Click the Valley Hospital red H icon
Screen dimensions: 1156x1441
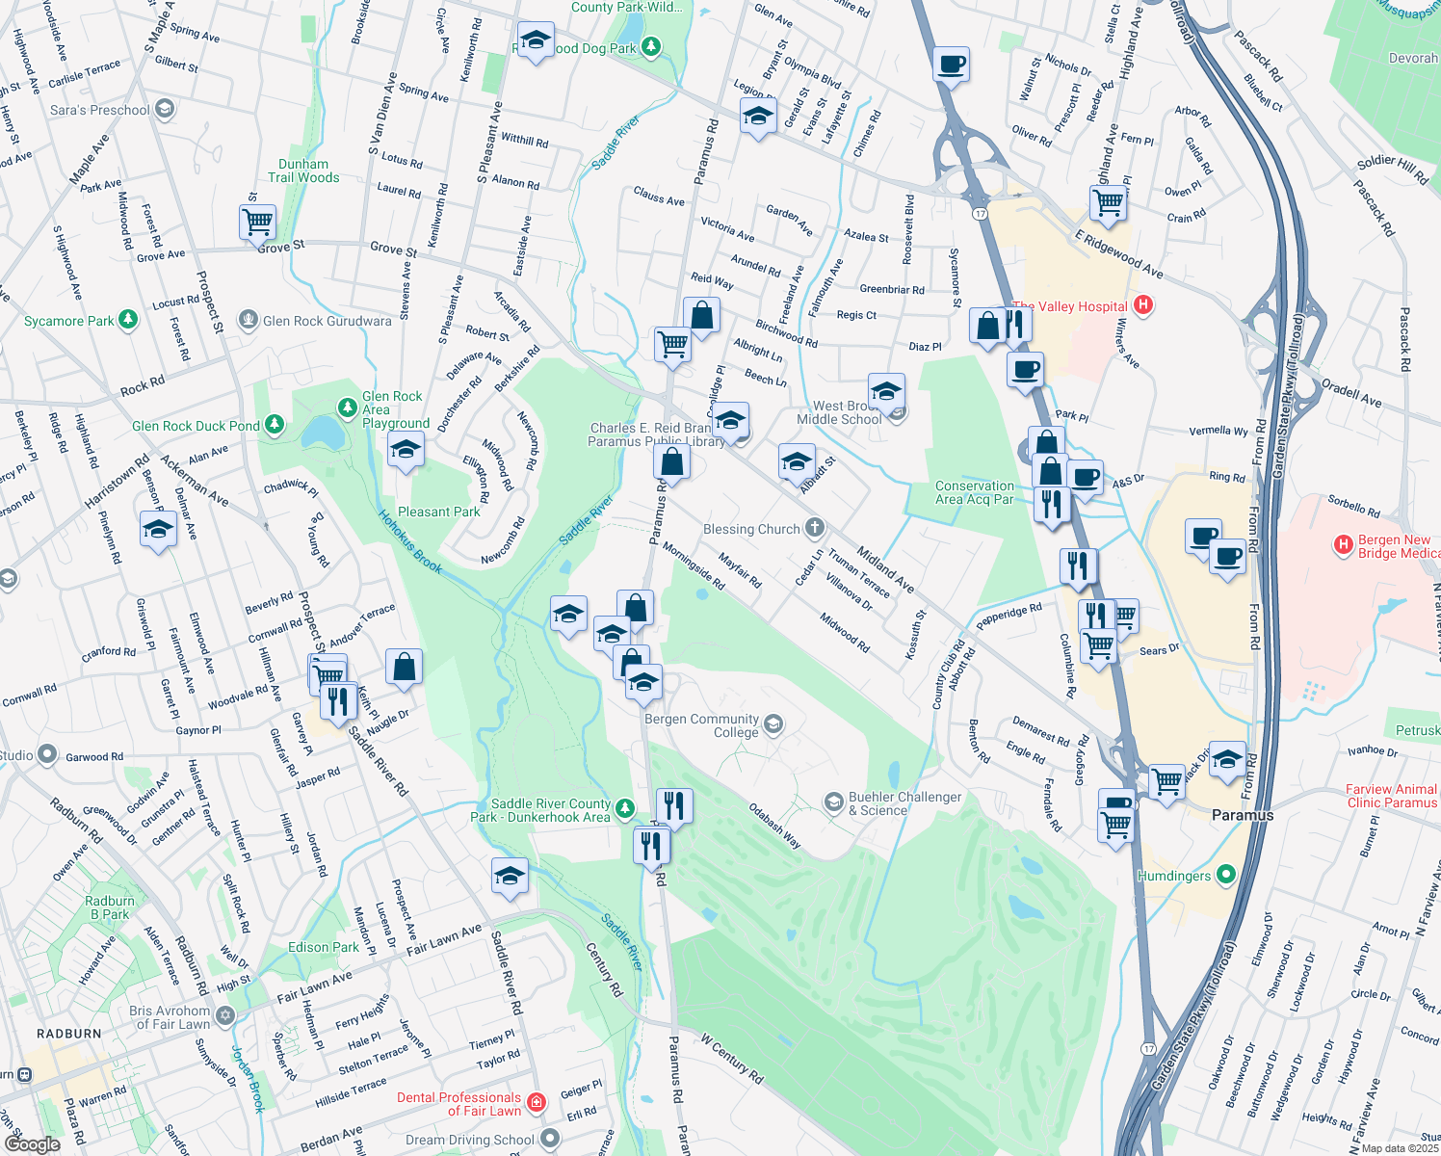coord(1142,305)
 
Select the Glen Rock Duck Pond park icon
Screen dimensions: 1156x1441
coord(275,425)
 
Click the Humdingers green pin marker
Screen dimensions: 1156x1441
coord(1226,875)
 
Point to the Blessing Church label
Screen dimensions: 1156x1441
coord(751,529)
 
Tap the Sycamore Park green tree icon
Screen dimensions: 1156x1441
coord(128,320)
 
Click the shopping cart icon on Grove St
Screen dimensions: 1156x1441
coord(257,223)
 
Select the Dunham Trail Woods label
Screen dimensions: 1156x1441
coord(303,171)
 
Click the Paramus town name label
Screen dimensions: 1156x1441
coord(1242,815)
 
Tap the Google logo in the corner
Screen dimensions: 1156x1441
coord(32,1143)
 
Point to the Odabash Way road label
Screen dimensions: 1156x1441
coord(775,826)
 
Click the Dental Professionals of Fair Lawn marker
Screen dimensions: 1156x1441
coord(537,1102)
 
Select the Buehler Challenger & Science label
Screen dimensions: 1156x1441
coord(904,803)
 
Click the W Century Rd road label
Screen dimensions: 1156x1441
coord(732,1059)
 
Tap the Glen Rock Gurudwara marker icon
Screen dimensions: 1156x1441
coord(249,320)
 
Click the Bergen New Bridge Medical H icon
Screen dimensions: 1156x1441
coord(1343,545)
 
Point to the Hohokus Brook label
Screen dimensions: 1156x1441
coord(410,542)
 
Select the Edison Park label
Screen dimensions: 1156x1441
coord(323,947)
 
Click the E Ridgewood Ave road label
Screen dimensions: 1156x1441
coord(1118,254)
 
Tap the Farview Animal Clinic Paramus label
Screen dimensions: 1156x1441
coord(1391,796)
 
